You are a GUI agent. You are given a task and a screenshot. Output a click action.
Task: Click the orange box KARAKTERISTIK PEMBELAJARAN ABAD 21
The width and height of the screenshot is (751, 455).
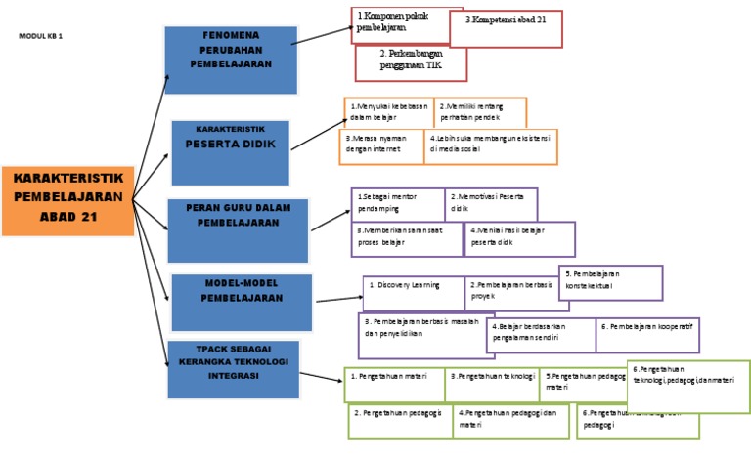tap(67, 200)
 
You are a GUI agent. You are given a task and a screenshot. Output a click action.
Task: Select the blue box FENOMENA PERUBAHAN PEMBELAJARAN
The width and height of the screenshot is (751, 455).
tap(230, 62)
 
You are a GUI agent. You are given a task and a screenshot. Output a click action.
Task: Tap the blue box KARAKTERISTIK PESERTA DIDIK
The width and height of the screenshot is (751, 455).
tap(231, 151)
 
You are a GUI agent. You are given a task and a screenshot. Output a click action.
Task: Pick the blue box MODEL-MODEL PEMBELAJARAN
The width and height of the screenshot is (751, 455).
tap(242, 303)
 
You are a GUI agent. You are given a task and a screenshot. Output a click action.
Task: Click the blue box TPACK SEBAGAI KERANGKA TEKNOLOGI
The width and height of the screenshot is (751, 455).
tap(233, 369)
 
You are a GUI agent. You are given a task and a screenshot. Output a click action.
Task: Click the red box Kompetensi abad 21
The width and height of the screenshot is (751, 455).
tap(506, 28)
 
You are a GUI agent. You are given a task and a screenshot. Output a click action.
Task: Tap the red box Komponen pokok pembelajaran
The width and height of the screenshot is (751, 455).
tap(393, 23)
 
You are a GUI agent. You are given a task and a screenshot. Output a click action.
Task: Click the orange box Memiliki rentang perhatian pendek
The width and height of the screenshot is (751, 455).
tap(480, 111)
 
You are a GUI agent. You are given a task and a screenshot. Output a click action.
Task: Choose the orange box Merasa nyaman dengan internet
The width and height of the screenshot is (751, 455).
tap(381, 145)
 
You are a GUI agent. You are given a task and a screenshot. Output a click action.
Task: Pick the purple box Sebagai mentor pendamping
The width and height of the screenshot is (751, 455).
tap(397, 203)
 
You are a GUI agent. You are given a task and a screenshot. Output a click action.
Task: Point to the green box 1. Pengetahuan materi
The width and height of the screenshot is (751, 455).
tap(395, 385)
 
